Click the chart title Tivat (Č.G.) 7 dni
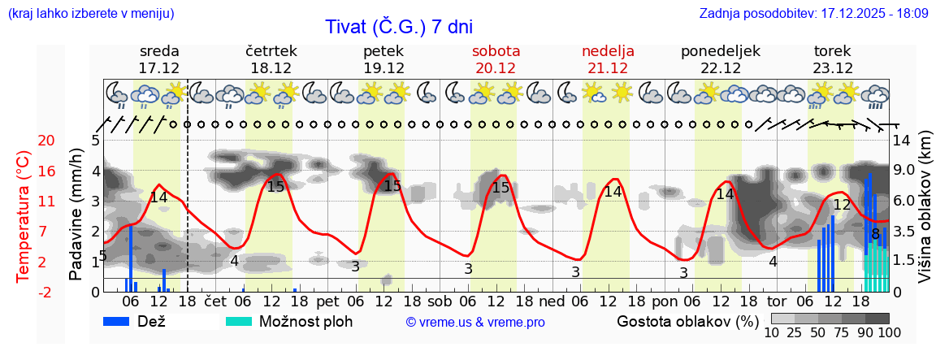click(x=398, y=27)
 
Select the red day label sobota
click(x=496, y=51)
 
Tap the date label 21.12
click(x=608, y=68)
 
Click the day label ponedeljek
click(x=720, y=51)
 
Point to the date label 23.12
click(x=833, y=68)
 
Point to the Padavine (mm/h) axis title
click(x=76, y=215)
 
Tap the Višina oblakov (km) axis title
click(x=925, y=208)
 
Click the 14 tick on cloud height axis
click(x=902, y=141)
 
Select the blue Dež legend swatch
click(x=122, y=321)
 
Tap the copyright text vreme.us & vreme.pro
click(x=475, y=322)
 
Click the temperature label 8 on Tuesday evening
click(x=875, y=235)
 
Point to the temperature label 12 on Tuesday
click(x=842, y=205)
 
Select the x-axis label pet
click(x=327, y=300)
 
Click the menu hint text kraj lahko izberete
click(x=90, y=14)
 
